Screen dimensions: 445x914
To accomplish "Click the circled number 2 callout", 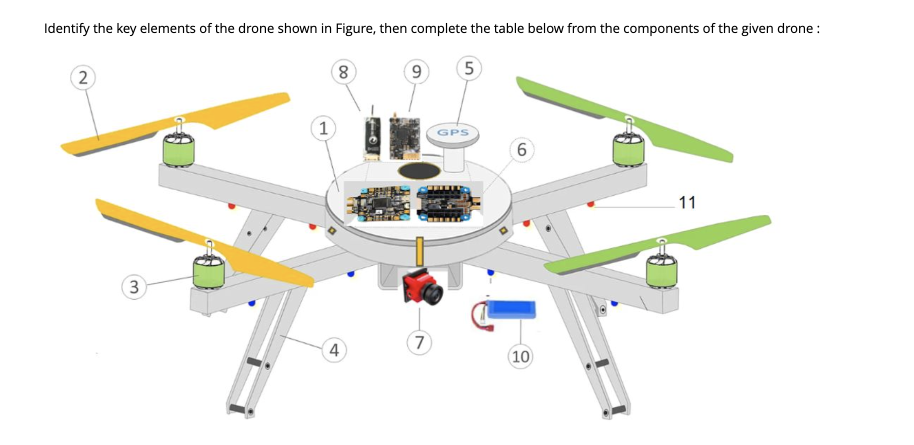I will pyautogui.click(x=83, y=77).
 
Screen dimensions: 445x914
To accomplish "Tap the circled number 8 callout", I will pyautogui.click(x=343, y=72).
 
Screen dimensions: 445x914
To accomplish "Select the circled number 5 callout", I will pyautogui.click(x=468, y=67).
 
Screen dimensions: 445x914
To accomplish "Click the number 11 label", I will pyautogui.click(x=687, y=202).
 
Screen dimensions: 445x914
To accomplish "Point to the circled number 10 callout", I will pyautogui.click(x=520, y=356).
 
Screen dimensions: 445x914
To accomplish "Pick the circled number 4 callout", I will pyautogui.click(x=334, y=350).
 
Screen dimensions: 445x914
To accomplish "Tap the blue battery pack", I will pyautogui.click(x=511, y=310).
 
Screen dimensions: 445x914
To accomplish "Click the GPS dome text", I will pyautogui.click(x=453, y=132).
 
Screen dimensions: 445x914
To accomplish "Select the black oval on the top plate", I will pyautogui.click(x=419, y=171).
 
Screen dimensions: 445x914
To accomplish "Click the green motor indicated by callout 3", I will pyautogui.click(x=209, y=273).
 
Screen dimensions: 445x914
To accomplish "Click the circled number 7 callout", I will pyautogui.click(x=419, y=343).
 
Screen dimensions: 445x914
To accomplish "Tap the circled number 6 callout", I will pyautogui.click(x=521, y=149).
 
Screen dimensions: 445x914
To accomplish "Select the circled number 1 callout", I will pyautogui.click(x=323, y=128).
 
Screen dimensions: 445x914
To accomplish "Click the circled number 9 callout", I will pyautogui.click(x=416, y=72).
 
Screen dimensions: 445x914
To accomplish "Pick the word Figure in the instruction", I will pyautogui.click(x=354, y=28).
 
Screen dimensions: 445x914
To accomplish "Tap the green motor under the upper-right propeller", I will pyautogui.click(x=628, y=150).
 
